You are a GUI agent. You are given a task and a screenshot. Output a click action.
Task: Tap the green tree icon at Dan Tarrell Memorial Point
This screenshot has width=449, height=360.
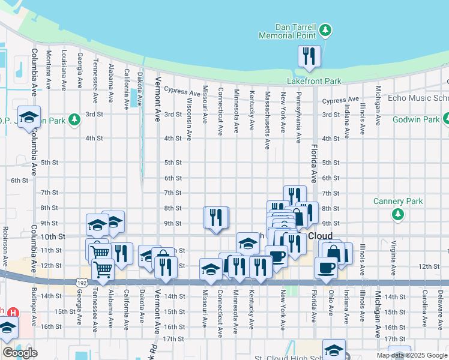coord(325,29)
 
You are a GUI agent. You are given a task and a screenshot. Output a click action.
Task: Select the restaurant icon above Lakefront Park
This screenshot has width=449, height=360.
coord(310,57)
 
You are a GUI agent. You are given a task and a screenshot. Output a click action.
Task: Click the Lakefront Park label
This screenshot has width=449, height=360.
coord(314,81)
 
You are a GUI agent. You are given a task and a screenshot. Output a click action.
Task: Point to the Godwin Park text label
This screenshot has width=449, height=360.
coord(417,119)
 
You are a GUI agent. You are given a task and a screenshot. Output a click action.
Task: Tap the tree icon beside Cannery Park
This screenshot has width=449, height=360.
coord(397,214)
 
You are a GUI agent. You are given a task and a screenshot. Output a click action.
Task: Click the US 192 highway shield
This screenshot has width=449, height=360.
coord(82,281)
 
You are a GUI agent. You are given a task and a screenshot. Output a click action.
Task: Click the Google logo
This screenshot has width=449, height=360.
coord(20,353)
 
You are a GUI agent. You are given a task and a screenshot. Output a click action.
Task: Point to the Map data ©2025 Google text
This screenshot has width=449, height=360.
coord(412,355)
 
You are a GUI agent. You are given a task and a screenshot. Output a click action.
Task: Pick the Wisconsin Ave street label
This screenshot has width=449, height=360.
coord(190,119)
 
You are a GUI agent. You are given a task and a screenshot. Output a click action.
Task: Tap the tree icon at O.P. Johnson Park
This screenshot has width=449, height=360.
coord(74,119)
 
